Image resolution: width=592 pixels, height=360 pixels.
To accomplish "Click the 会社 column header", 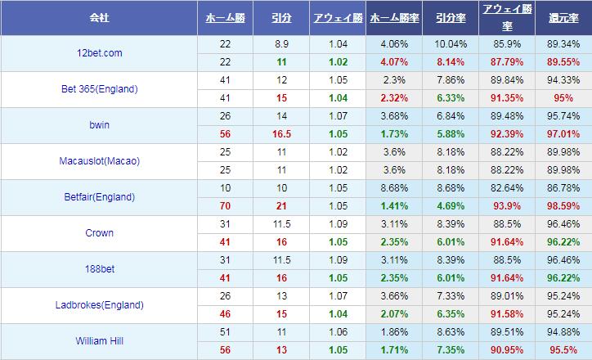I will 100,17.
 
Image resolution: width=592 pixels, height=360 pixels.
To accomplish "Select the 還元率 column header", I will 563,17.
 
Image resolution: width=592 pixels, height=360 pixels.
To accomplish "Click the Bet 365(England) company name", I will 99,89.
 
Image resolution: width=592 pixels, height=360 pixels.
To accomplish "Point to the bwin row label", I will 99,125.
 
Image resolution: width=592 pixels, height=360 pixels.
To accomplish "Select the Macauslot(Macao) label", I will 99,161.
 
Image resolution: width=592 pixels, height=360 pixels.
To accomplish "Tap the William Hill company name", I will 99,341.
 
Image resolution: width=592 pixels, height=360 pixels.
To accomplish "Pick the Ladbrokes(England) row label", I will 99,305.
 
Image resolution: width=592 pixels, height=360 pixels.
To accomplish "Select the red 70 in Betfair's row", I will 225,206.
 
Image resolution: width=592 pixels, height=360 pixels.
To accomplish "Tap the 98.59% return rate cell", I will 563,206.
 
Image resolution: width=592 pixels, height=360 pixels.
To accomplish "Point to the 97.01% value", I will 563,134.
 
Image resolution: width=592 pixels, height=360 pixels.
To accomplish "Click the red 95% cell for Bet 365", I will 563,98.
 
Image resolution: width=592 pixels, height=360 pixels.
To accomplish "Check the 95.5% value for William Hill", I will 563,350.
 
